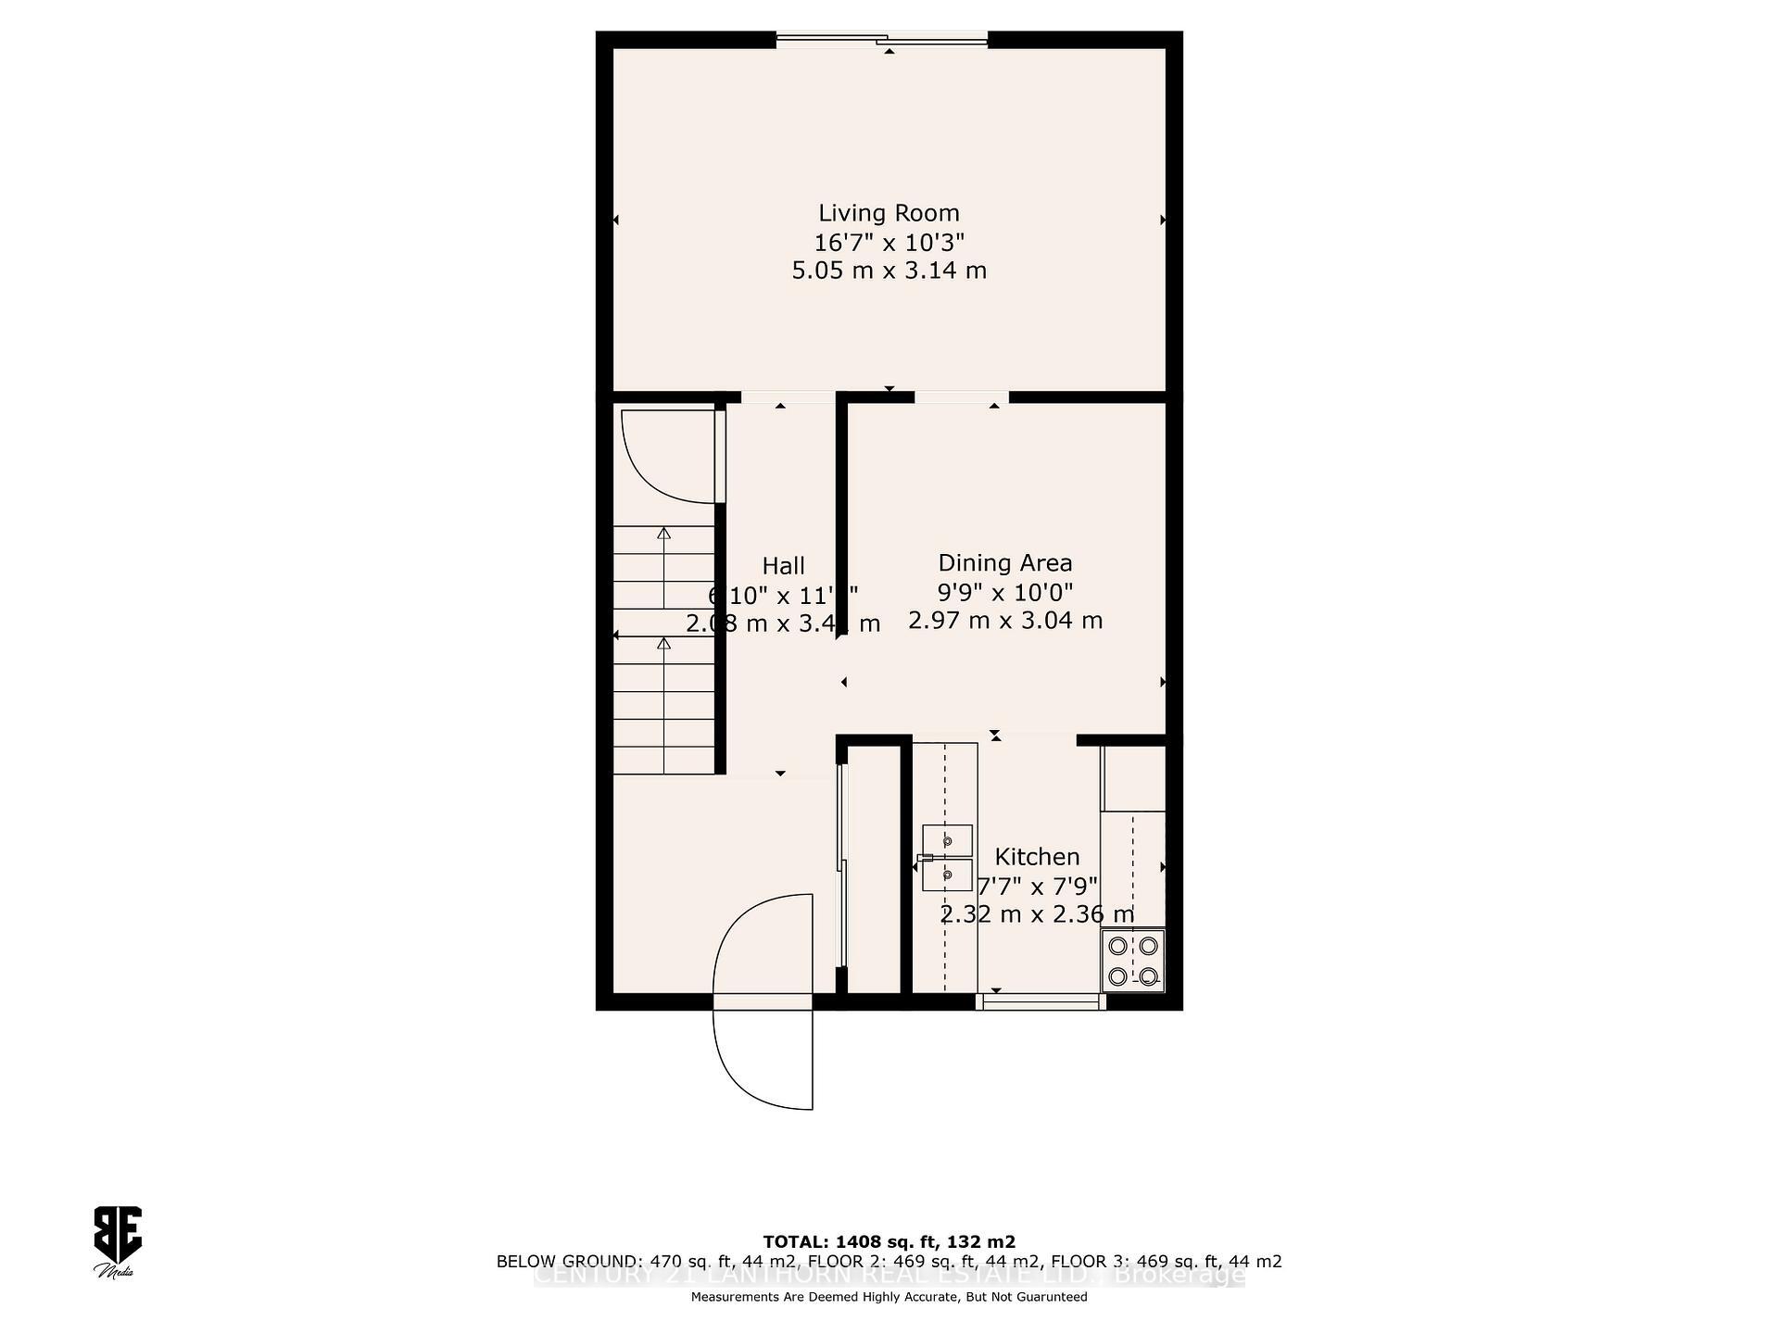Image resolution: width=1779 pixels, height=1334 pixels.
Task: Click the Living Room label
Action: point(889,213)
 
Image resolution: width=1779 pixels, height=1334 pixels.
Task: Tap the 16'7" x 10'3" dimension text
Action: point(889,243)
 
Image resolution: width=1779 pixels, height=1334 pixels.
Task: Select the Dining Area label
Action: point(1004,563)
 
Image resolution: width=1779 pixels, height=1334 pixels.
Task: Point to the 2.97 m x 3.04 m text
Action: point(1004,621)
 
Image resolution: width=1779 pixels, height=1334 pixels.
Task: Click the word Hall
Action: point(783,566)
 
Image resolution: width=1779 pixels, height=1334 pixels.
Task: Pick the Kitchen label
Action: point(1037,857)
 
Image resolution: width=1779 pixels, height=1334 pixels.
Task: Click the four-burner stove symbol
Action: point(1132,961)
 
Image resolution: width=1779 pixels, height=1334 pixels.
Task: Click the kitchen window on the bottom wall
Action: point(1041,1000)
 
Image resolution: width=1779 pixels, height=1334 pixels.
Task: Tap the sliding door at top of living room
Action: point(882,38)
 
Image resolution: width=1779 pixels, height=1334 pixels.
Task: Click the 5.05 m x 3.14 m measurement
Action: point(889,271)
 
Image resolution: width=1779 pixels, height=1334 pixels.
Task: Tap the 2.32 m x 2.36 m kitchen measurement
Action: point(1037,915)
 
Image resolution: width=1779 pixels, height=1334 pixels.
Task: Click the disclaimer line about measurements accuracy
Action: point(889,1297)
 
